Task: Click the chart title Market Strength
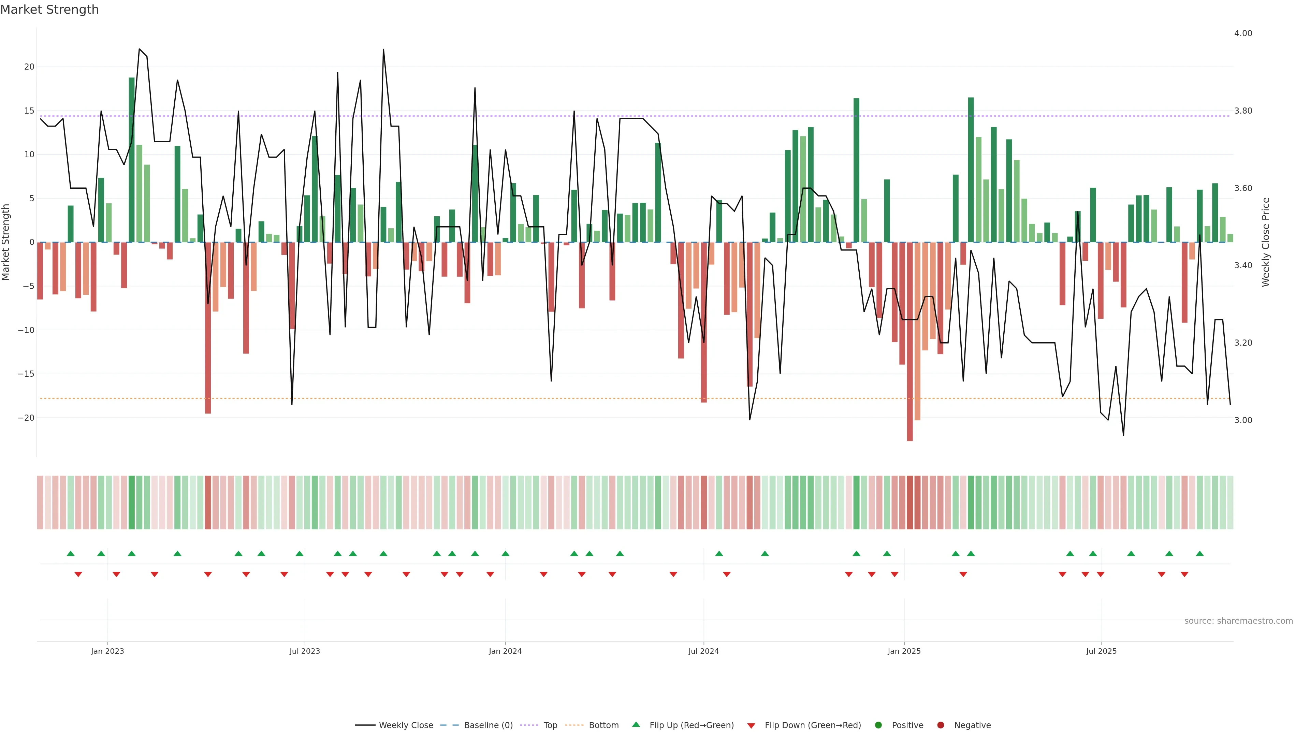[x=49, y=10]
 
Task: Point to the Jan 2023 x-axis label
[x=107, y=651]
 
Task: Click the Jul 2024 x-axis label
[x=703, y=651]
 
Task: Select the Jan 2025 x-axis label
[x=904, y=651]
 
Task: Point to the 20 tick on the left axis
[x=29, y=67]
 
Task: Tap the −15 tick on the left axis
[x=26, y=374]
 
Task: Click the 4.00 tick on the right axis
[x=1243, y=33]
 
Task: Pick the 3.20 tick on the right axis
[x=1243, y=343]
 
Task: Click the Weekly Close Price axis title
[x=1266, y=242]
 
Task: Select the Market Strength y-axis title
[x=6, y=242]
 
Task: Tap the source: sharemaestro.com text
[x=1238, y=621]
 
